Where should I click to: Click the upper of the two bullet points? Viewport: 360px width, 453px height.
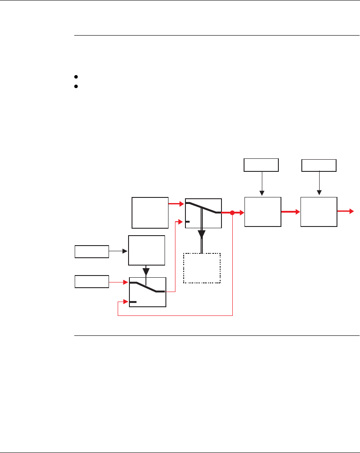tap(76, 77)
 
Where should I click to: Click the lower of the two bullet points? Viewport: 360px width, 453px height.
tap(76, 86)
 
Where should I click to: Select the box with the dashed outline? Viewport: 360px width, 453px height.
tap(202, 268)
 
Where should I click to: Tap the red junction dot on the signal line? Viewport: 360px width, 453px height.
tap(232, 213)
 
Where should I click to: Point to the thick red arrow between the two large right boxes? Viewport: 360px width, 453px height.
tap(290, 212)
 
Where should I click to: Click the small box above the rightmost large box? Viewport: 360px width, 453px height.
tap(319, 165)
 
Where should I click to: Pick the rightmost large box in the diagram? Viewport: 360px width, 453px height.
tap(319, 212)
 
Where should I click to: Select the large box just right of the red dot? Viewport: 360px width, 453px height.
tap(262, 212)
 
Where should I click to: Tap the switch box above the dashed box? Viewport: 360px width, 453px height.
tap(203, 213)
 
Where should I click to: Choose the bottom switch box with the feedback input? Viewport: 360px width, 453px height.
tap(147, 292)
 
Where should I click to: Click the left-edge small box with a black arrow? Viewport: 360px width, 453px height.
tap(92, 251)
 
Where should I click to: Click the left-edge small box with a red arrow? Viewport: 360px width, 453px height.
tap(92, 282)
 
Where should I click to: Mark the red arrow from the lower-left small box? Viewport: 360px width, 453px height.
tap(119, 282)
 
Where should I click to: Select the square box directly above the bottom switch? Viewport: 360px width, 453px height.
tap(147, 250)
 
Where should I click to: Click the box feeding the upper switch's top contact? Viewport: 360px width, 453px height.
tap(150, 213)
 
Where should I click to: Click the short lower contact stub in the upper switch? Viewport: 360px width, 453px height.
tap(187, 221)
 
